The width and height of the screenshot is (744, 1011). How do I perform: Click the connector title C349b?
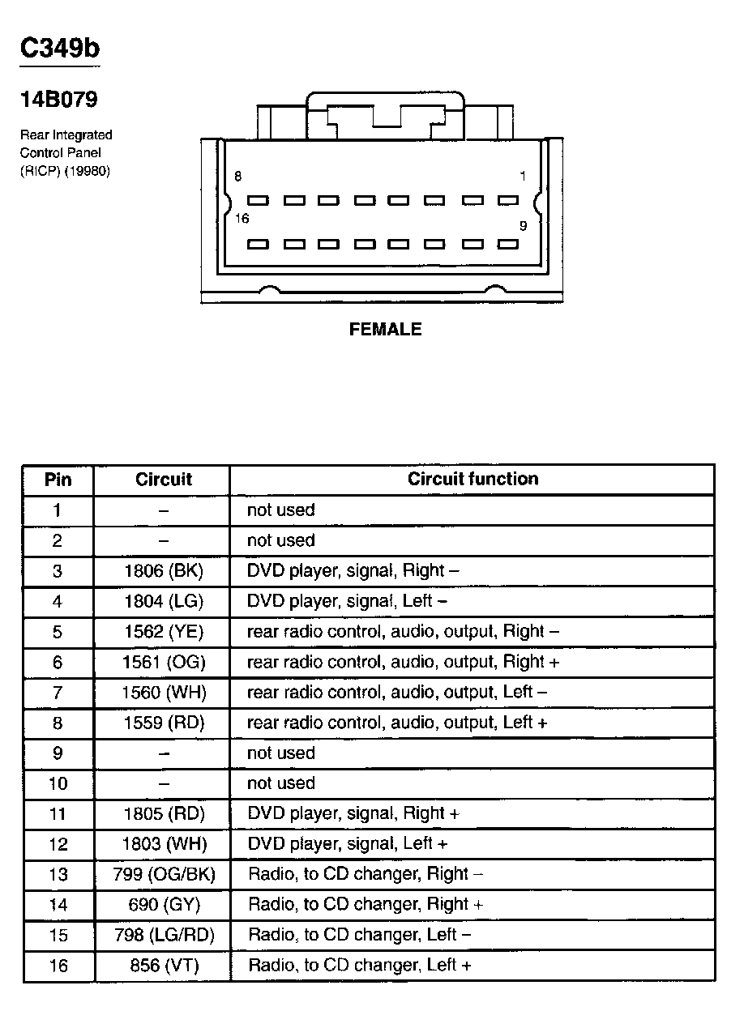tap(60, 49)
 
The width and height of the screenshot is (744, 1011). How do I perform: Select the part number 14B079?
tap(58, 100)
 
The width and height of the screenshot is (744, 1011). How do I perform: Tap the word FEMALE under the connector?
tap(385, 330)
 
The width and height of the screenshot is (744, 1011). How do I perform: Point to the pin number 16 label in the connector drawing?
tap(241, 219)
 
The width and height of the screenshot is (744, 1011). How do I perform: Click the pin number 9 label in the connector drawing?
tap(523, 226)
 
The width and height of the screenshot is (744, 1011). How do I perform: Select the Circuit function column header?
tap(472, 479)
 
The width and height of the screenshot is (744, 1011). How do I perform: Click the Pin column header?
tap(58, 480)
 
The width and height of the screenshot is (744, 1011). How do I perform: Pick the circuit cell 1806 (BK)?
tap(164, 571)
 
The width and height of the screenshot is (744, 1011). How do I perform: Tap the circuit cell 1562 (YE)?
tap(164, 632)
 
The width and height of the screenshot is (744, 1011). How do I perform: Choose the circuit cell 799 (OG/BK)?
tap(164, 874)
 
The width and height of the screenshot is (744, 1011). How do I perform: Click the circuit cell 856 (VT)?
tap(164, 966)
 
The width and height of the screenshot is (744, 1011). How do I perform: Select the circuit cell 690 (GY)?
tap(164, 904)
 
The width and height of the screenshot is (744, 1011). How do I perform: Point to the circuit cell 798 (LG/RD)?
tap(164, 935)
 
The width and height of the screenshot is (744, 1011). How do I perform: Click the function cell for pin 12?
tap(347, 843)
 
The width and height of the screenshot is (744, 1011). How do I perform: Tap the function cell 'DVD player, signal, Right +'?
tap(353, 813)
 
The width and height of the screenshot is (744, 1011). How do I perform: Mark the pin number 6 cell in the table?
tap(58, 663)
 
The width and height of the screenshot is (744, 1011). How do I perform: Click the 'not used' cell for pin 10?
tap(280, 783)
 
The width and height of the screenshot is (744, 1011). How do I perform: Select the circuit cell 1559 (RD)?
tap(164, 723)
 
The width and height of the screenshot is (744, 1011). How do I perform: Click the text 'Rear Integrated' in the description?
tap(66, 134)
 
